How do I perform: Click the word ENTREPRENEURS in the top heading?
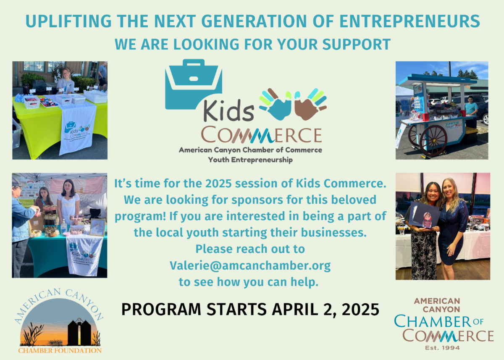(x=409, y=21)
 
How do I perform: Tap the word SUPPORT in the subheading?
(x=357, y=44)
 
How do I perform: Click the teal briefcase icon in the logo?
(x=194, y=84)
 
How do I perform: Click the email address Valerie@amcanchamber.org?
(x=250, y=266)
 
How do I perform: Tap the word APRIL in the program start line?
(x=295, y=309)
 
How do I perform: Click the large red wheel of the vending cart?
(x=433, y=141)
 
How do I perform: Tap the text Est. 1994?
(x=442, y=348)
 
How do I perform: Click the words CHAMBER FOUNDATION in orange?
(x=60, y=351)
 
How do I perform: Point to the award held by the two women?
(x=427, y=220)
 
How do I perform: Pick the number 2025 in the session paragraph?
(x=218, y=184)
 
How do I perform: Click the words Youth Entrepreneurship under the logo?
(x=250, y=160)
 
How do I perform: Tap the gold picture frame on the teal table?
(x=97, y=227)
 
